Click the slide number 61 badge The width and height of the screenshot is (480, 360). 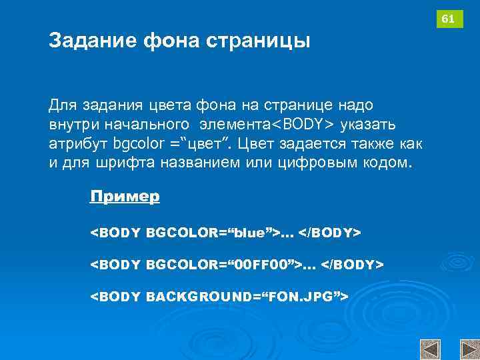449,19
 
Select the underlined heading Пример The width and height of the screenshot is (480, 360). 125,197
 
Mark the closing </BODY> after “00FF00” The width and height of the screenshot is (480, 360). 353,265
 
